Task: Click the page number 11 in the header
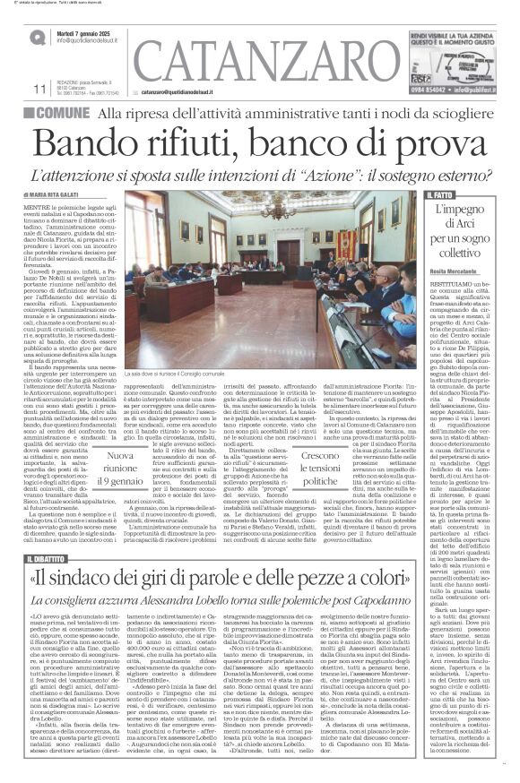39,90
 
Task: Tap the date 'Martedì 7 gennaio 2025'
88,31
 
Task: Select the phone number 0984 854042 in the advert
425,90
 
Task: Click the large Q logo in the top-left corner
37,35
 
